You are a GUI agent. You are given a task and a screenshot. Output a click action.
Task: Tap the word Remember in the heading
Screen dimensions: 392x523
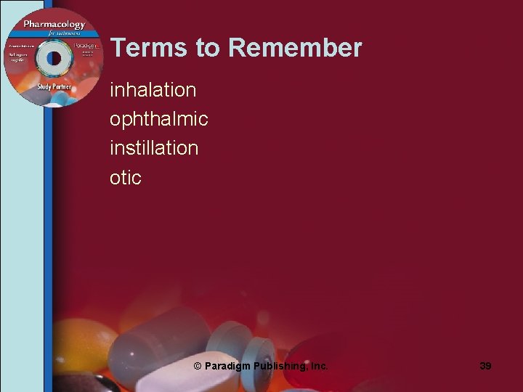294,48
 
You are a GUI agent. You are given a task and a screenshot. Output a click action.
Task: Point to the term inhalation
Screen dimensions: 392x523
153,90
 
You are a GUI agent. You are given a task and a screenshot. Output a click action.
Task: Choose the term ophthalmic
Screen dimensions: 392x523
158,119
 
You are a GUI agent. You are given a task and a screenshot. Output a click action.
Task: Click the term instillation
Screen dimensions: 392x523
153,148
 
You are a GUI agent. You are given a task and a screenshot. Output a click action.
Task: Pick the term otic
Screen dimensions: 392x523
125,177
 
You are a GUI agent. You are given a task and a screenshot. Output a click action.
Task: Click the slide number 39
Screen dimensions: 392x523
485,366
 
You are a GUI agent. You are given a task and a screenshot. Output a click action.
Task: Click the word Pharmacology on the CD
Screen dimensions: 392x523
54,25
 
